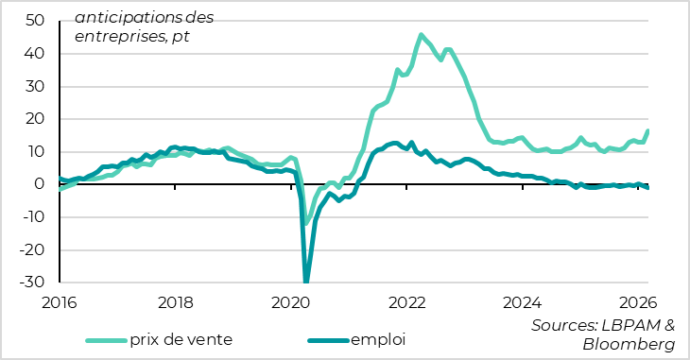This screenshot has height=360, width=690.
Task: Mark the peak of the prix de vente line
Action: [421, 35]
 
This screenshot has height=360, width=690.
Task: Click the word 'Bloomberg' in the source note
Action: [629, 345]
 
